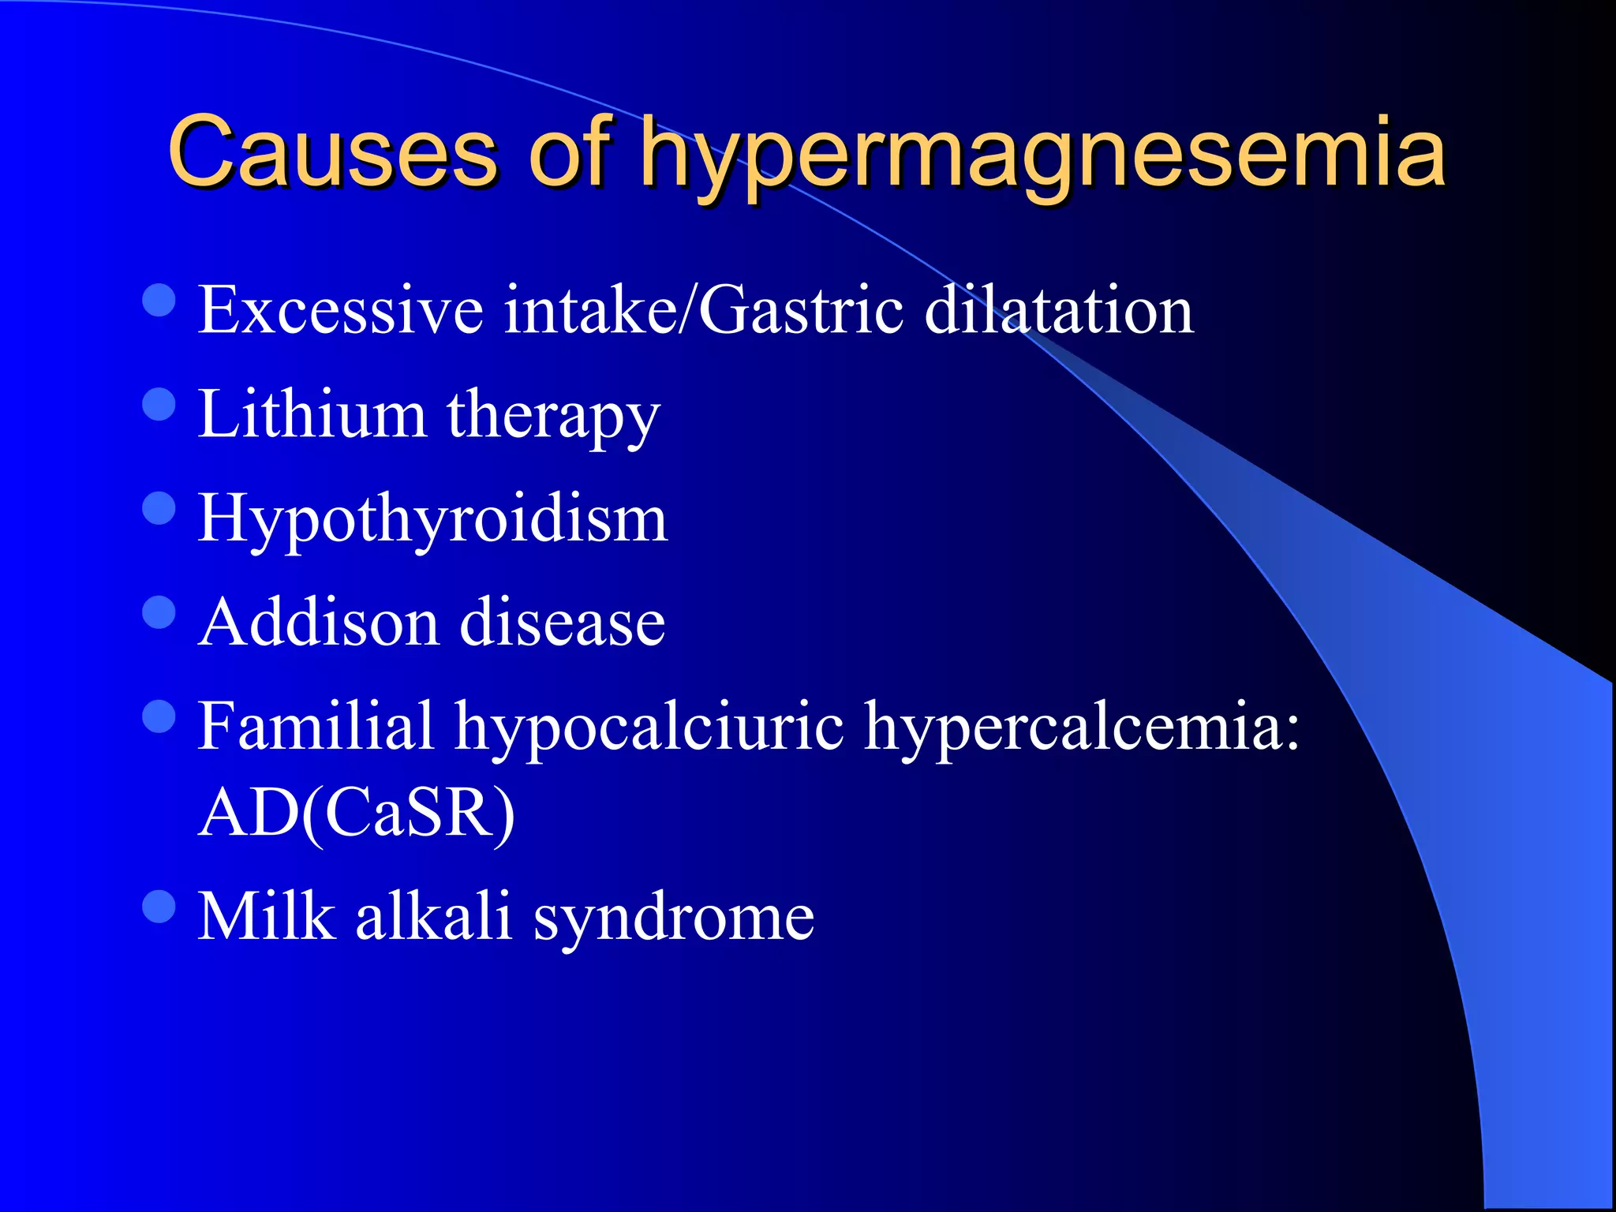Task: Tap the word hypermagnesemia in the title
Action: coord(1042,154)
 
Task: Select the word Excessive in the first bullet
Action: coord(340,309)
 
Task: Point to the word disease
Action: coord(562,622)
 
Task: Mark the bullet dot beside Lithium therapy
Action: coord(159,405)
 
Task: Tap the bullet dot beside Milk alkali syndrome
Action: coord(159,907)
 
